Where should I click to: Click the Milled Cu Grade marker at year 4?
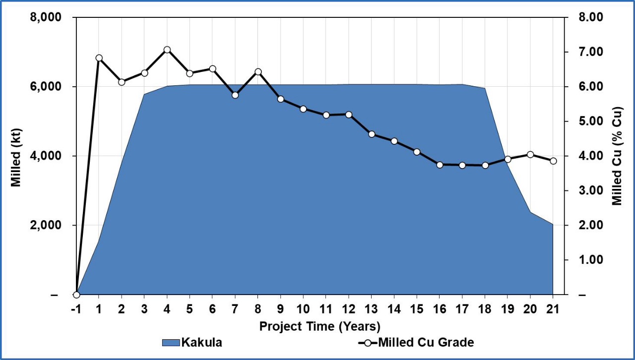167,50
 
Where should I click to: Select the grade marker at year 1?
99,58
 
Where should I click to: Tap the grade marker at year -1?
76,295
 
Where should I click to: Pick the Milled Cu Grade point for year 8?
258,72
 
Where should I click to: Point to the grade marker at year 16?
440,165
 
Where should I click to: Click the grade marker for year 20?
530,155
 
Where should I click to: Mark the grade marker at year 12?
349,115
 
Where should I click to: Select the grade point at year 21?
553,161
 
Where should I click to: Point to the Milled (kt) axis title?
16,156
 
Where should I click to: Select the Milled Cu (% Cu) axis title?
618,156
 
